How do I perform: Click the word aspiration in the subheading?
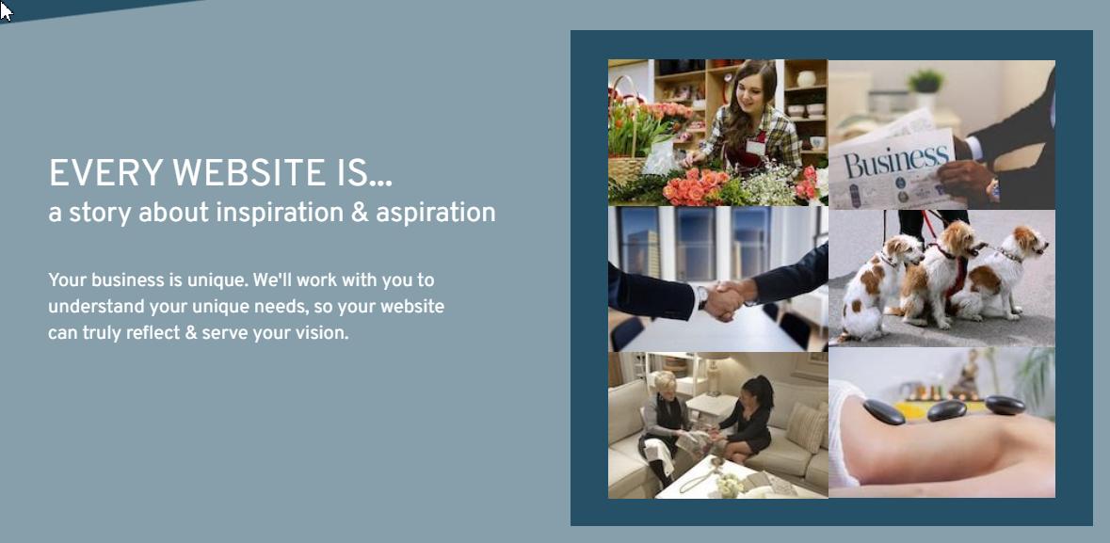(x=435, y=213)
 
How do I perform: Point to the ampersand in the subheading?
(x=360, y=213)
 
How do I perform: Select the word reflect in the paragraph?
(x=153, y=333)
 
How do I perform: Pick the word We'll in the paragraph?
(x=272, y=280)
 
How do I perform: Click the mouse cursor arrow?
(x=6, y=10)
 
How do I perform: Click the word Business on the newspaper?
(x=896, y=161)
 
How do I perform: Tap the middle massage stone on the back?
(x=946, y=410)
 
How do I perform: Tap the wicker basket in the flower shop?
(x=627, y=170)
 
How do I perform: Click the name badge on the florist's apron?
(x=755, y=147)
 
